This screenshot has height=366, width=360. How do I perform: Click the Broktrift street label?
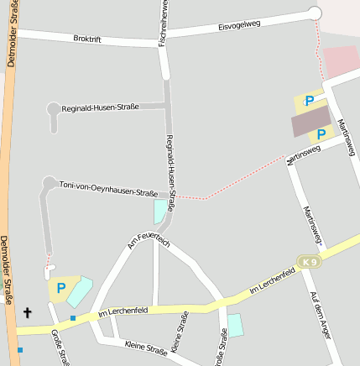pyautogui.click(x=87, y=39)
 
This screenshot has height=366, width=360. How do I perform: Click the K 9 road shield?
pyautogui.click(x=310, y=262)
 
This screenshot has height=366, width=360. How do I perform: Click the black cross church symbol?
pyautogui.click(x=27, y=313)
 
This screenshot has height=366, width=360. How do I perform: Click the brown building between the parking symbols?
pyautogui.click(x=310, y=123)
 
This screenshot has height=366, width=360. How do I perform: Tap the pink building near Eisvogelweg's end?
pyautogui.click(x=341, y=61)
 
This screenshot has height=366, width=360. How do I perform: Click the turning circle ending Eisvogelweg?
pyautogui.click(x=316, y=13)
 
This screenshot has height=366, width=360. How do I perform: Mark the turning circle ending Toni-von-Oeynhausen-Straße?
pyautogui.click(x=50, y=182)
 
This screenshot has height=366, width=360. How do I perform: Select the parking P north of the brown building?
pyautogui.click(x=310, y=102)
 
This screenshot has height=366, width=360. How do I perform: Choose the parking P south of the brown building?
pyautogui.click(x=321, y=134)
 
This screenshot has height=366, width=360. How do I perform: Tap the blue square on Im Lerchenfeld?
pyautogui.click(x=73, y=317)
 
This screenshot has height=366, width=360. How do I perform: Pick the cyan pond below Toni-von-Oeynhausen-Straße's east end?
pyautogui.click(x=159, y=210)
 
